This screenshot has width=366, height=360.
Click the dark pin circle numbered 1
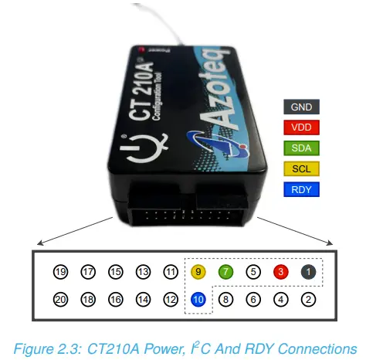point(307,272)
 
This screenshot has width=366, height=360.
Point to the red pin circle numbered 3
point(280,272)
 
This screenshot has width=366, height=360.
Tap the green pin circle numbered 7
point(225,272)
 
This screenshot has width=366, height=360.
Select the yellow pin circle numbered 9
point(198,272)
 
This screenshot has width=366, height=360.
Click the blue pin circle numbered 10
point(198,299)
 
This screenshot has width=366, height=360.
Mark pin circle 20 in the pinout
point(60,299)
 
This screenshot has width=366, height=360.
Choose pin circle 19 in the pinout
point(60,272)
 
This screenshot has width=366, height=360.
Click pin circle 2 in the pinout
point(307,299)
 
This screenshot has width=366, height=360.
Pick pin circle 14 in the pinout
point(143,299)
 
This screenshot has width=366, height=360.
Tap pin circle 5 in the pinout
point(252,272)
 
